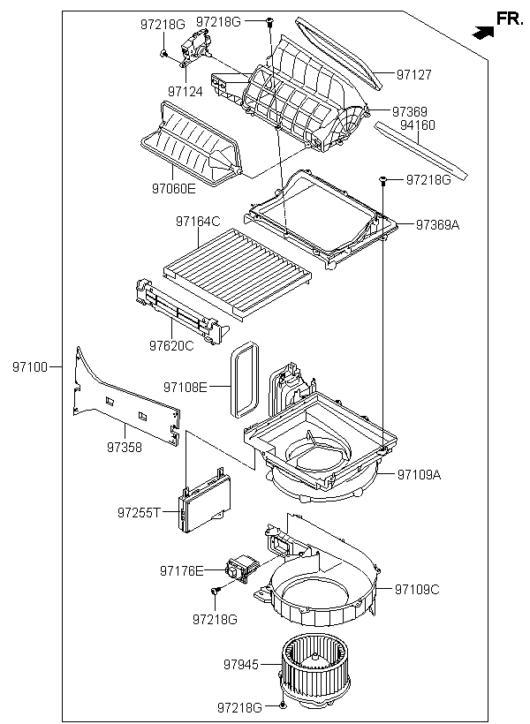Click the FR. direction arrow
483,33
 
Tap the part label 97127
414,75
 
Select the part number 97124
185,92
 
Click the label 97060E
174,188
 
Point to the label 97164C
198,222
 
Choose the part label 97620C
171,345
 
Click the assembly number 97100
30,367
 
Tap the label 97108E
185,387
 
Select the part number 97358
125,447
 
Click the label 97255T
139,512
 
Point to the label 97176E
182,571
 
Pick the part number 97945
241,665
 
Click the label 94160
417,125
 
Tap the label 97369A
437,225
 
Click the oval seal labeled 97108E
244,379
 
